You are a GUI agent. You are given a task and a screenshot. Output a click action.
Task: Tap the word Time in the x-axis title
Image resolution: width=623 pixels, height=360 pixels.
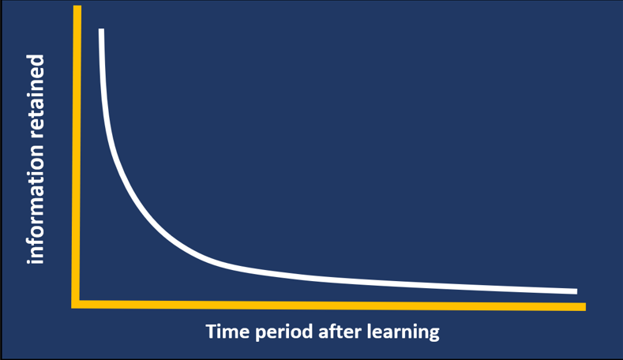[x=224, y=331]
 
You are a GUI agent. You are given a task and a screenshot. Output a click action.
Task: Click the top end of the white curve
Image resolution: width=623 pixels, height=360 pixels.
[x=101, y=31]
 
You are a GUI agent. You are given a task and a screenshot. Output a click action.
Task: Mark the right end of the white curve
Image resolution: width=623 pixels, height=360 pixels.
[x=576, y=291]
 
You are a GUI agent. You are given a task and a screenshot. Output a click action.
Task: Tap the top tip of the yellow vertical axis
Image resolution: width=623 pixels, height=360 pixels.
[x=77, y=7]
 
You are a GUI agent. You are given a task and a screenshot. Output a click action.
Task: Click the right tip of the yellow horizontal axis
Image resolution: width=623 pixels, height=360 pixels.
[x=584, y=306]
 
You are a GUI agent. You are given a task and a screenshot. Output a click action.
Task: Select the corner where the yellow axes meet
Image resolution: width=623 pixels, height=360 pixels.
[x=76, y=304]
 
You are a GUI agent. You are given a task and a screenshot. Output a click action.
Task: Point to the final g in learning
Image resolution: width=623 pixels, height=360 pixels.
[x=433, y=333]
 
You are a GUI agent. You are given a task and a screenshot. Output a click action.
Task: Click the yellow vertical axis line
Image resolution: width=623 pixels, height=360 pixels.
[x=77, y=158]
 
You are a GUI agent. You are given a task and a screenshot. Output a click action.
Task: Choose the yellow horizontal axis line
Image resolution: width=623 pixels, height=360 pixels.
[x=332, y=305]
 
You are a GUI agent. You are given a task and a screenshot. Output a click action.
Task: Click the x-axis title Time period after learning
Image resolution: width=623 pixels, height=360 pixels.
[x=322, y=332]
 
